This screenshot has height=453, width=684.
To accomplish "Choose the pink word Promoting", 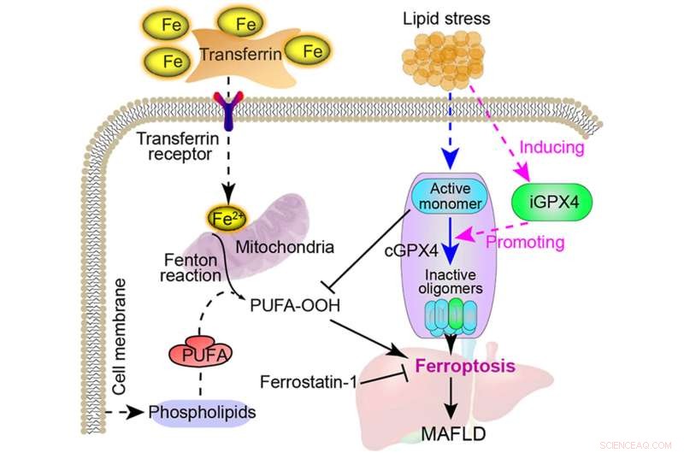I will click(x=525, y=242).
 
